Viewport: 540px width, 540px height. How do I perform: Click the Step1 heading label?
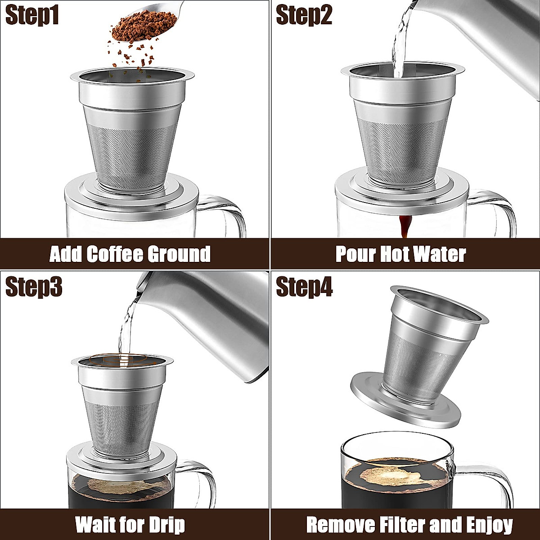pos(32,16)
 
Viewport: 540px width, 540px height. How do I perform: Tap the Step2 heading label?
pos(304,16)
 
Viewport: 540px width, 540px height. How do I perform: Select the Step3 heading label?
pos(33,287)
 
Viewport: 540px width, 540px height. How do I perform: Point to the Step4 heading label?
pos(304,287)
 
